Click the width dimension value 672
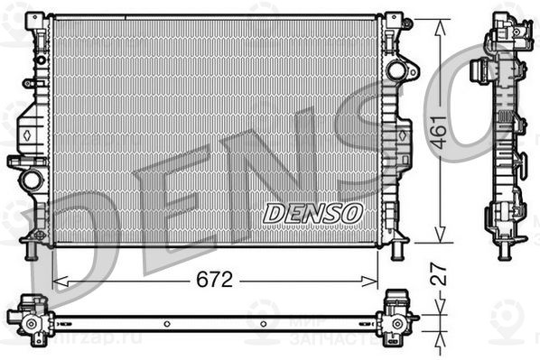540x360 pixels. [x=215, y=280]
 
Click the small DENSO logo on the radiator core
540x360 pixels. [x=312, y=213]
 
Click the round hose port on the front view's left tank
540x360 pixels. [x=32, y=179]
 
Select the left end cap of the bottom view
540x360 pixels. [x=29, y=317]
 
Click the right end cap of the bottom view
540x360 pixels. [x=397, y=317]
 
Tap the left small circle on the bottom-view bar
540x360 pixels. [x=167, y=323]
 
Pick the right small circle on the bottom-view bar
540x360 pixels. [x=263, y=323]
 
